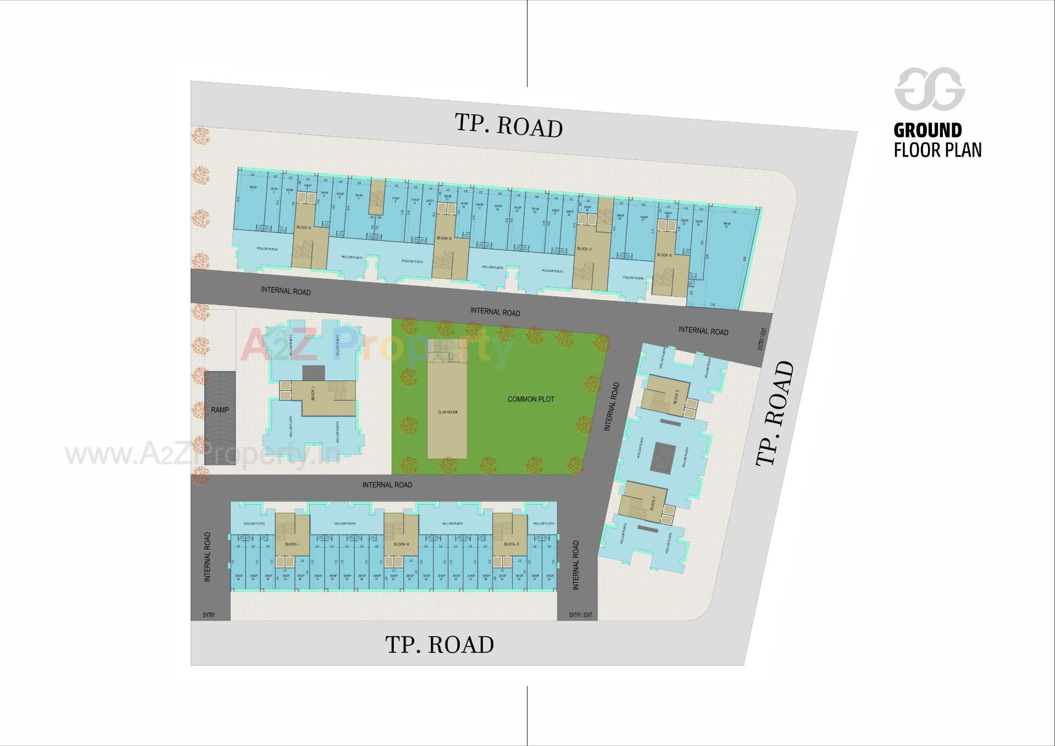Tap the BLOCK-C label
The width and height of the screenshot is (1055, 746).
click(x=584, y=249)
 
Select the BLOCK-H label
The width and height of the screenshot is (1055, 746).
click(x=401, y=544)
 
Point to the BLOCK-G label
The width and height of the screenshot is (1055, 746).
click(x=510, y=544)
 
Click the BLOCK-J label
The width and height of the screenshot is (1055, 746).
click(x=313, y=393)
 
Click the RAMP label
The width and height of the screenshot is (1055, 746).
click(x=220, y=410)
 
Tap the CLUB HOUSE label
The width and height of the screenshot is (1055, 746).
click(x=447, y=412)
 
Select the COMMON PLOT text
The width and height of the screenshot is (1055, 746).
click(x=531, y=399)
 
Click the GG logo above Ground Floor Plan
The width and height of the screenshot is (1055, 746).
click(x=930, y=89)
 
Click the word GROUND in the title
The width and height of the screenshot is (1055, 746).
click(x=928, y=131)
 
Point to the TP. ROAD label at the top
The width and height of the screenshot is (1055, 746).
click(x=509, y=125)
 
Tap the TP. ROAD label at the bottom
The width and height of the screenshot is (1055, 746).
click(x=440, y=645)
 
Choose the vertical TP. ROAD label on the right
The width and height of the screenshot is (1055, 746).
click(x=775, y=413)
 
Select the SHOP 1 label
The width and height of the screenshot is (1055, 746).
click(x=253, y=189)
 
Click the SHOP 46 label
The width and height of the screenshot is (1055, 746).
click(x=238, y=577)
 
